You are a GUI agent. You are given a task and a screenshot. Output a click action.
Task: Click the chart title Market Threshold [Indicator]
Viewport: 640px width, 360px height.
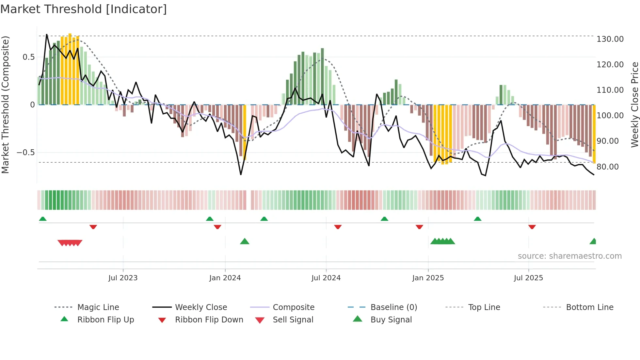(x=84, y=9)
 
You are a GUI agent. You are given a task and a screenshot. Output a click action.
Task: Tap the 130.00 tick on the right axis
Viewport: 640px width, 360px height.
(x=610, y=39)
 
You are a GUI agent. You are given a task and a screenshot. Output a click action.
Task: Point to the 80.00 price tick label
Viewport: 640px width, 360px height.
(x=607, y=167)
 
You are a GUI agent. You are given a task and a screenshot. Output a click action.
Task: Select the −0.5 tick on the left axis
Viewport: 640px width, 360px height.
(x=25, y=153)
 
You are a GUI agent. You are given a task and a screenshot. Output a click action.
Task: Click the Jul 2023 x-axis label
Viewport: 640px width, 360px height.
(x=123, y=278)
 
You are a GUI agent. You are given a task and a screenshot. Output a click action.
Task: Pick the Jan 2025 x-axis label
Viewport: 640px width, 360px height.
(x=428, y=278)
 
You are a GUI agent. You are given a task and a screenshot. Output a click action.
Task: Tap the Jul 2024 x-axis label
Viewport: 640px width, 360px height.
(x=326, y=278)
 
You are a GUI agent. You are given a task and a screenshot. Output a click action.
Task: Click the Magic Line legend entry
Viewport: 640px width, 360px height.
(x=98, y=307)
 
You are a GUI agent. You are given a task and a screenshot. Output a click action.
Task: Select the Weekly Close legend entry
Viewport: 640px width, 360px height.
(x=201, y=307)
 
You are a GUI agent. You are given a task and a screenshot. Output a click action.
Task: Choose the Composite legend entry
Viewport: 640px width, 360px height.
(x=293, y=307)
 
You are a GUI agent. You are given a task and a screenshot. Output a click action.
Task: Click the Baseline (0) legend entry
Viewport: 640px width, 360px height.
(x=393, y=307)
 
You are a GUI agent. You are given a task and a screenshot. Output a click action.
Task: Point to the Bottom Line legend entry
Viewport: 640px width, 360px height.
(x=589, y=307)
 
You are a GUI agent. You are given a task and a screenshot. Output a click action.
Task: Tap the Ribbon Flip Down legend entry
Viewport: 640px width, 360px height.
(x=209, y=320)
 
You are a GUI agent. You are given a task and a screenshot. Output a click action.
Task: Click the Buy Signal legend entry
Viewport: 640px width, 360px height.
(x=391, y=320)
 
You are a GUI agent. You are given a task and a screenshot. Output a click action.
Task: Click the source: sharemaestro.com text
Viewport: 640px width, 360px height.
(x=569, y=256)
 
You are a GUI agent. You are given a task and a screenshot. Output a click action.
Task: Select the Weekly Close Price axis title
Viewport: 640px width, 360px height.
(x=634, y=105)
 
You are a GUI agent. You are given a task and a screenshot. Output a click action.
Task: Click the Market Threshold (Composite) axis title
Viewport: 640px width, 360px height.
(x=5, y=105)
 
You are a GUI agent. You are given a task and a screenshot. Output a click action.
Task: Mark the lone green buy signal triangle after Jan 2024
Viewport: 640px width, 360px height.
(x=245, y=241)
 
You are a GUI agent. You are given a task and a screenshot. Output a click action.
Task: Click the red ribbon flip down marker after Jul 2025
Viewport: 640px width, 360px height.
(x=532, y=227)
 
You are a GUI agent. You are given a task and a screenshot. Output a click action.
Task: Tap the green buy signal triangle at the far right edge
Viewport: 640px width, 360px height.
(x=593, y=241)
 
